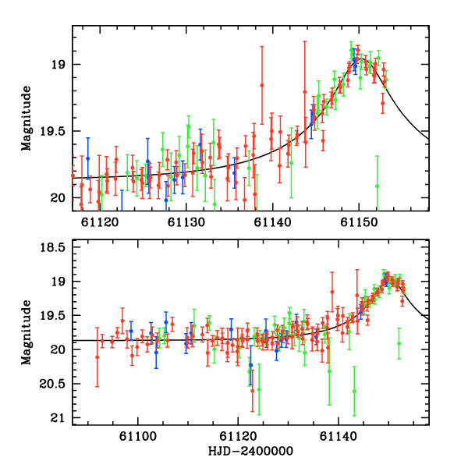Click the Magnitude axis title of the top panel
tap(26, 119)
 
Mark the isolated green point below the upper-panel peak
tap(377, 186)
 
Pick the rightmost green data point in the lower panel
tap(399, 343)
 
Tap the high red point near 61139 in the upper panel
tap(262, 84)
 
